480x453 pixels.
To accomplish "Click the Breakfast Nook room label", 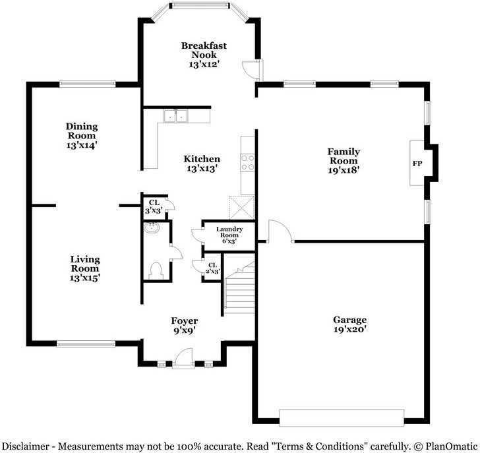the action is [204, 50].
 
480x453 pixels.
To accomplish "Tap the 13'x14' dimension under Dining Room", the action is [82, 145].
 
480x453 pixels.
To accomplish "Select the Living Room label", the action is [85, 264].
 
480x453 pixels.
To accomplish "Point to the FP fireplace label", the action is [417, 164].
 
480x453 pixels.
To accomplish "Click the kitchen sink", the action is [175, 116].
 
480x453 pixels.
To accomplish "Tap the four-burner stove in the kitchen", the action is [247, 162].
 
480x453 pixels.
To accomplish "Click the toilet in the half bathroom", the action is [156, 271].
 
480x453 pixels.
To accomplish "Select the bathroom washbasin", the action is [152, 228].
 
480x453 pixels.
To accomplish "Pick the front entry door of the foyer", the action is [183, 358].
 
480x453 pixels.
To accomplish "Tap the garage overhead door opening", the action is [342, 418].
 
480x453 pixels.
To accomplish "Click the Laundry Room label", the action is [229, 235].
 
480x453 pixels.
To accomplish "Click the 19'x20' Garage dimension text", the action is [350, 329].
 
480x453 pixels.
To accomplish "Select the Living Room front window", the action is [86, 344].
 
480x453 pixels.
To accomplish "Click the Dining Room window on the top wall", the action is [88, 84].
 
